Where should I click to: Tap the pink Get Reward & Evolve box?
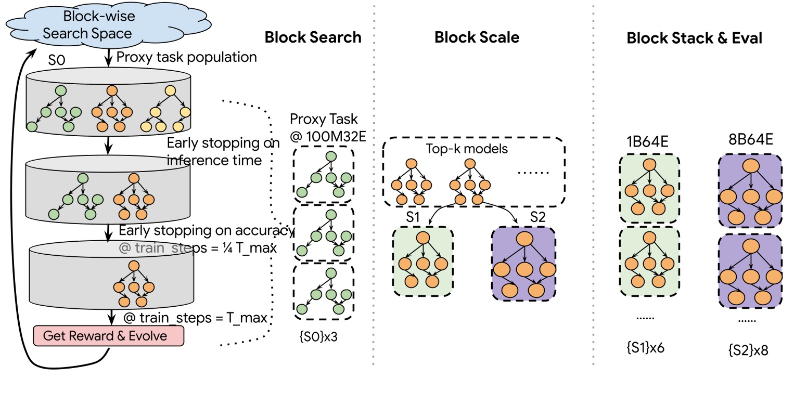point(108,336)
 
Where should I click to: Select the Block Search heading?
point(313,37)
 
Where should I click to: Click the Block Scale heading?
point(477,37)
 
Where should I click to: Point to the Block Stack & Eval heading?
point(694,38)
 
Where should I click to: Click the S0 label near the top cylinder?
point(57,61)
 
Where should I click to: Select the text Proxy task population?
point(187,57)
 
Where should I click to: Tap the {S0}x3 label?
point(318,336)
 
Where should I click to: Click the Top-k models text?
point(467,149)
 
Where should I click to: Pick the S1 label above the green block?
point(413,217)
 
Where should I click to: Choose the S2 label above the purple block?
point(537,217)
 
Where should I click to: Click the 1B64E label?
point(647,140)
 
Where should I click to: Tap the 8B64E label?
point(751,139)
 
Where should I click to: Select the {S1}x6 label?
point(646,348)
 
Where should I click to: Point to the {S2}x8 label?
point(748,350)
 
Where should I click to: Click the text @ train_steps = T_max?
point(195,318)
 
